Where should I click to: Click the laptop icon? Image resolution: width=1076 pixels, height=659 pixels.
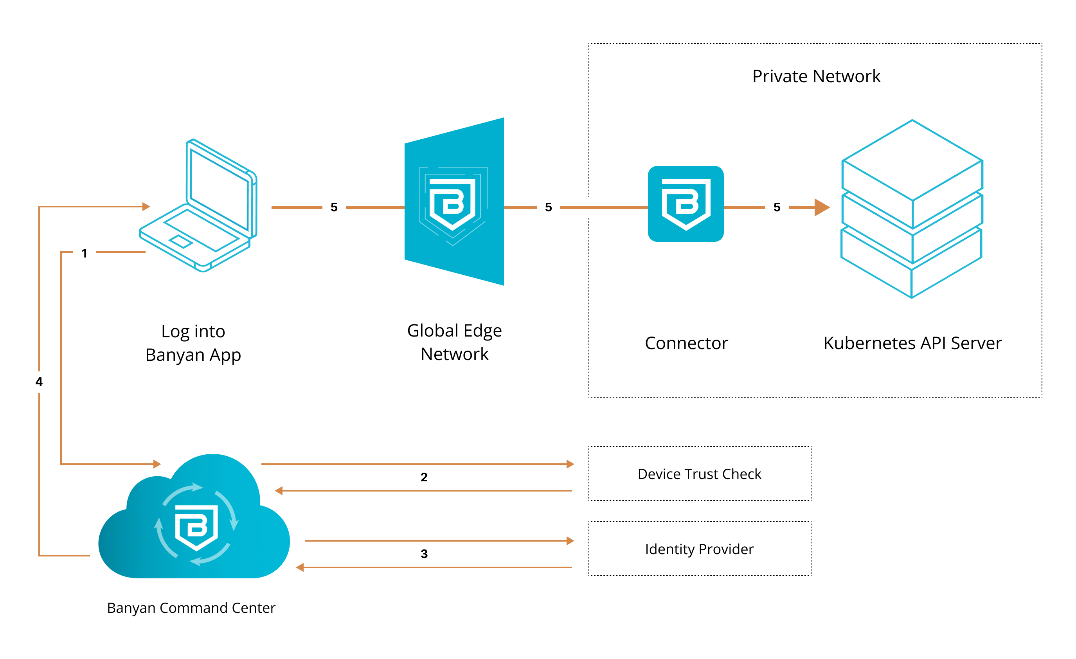(199, 205)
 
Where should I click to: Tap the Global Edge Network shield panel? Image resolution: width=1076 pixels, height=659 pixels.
(454, 202)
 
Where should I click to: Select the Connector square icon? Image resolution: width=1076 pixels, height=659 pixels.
(686, 204)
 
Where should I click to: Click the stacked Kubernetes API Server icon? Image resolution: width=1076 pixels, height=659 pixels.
(912, 209)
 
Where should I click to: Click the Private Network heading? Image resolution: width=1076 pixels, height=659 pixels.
(816, 76)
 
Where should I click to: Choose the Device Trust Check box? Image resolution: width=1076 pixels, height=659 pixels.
(700, 474)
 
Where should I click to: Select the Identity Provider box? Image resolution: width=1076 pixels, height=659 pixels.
(700, 549)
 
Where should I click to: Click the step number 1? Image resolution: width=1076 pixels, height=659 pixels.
(84, 253)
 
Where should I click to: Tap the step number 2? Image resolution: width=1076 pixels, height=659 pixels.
(424, 477)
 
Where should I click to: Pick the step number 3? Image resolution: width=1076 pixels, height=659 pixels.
(424, 554)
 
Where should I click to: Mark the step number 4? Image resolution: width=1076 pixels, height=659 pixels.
(39, 382)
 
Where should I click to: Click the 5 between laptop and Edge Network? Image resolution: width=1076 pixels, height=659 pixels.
(334, 207)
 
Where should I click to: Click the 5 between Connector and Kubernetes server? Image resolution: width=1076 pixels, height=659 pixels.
(777, 207)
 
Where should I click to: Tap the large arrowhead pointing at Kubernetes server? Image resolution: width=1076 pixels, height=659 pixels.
(821, 207)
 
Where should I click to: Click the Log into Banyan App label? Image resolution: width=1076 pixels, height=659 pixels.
(193, 343)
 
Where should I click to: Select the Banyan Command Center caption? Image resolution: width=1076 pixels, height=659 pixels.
(191, 608)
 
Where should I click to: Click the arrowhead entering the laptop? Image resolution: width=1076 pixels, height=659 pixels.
(146, 207)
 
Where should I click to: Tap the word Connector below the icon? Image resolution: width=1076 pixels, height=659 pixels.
(686, 343)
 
